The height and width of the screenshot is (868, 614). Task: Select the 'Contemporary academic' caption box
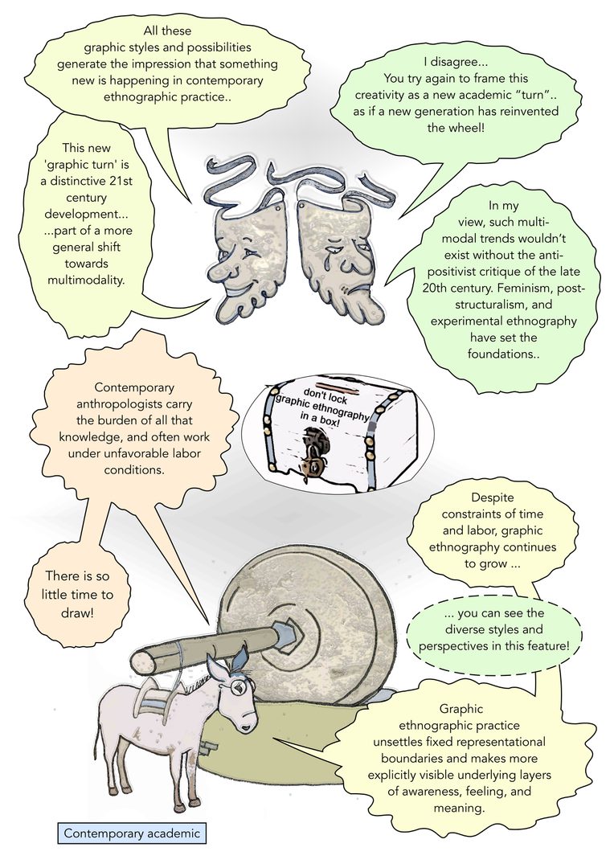132,833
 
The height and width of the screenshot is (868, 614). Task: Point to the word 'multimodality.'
85,280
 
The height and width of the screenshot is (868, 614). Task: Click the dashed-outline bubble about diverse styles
494,629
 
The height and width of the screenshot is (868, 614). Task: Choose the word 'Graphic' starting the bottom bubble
461,709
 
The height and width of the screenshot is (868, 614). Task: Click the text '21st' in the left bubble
120,181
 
